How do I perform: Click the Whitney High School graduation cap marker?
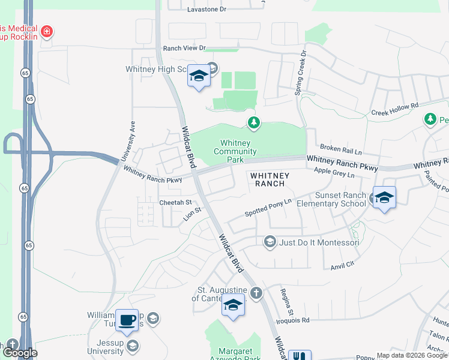click(x=198, y=76)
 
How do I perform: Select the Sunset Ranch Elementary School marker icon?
click(x=384, y=197)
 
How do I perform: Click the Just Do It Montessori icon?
click(x=270, y=242)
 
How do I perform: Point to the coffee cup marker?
click(x=126, y=320)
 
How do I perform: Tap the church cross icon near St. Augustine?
click(x=256, y=293)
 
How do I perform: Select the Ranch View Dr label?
click(x=184, y=48)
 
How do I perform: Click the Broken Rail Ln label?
click(x=340, y=148)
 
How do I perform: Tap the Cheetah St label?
click(x=175, y=203)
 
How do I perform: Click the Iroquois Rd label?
click(x=294, y=320)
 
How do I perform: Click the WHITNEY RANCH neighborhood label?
click(x=270, y=179)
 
